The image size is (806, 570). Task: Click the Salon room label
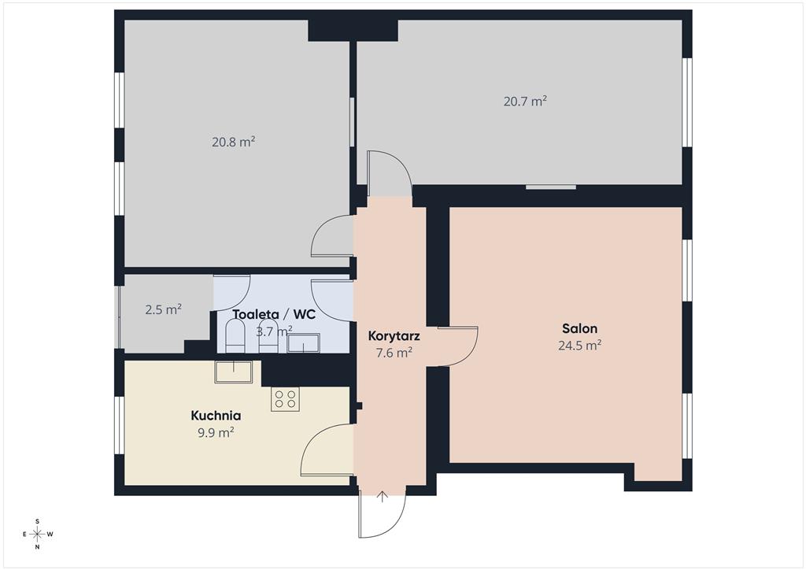579,328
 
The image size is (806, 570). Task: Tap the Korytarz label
394,336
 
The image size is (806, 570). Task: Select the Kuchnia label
216,415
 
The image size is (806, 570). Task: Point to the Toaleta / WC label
274,315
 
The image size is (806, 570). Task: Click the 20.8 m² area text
233,142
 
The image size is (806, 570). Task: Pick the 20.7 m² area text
525,101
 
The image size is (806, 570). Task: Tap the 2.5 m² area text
164,309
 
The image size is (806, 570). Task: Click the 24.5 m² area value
580,345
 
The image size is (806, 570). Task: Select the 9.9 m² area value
216,432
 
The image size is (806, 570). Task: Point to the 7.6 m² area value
394,353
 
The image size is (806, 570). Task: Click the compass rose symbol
38,534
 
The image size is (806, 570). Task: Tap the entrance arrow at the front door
382,497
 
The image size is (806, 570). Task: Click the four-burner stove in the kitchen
285,399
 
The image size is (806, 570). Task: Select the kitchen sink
233,372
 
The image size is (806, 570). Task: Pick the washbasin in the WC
303,342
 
